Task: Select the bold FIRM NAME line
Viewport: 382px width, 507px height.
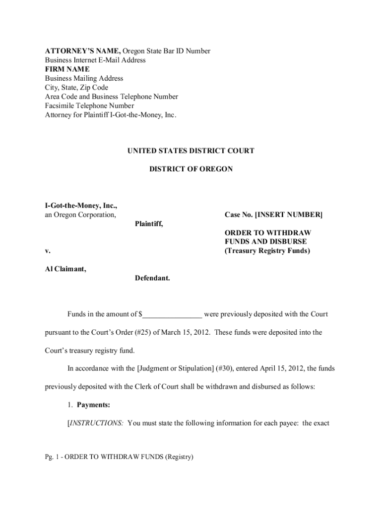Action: (67, 69)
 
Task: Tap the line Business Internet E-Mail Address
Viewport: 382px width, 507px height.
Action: (95, 60)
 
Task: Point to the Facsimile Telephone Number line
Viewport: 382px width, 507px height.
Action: (89, 105)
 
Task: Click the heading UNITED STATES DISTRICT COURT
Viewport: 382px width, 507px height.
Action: (191, 151)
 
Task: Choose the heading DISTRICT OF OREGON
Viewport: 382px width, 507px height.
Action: (191, 169)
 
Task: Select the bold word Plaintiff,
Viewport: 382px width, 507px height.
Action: (149, 224)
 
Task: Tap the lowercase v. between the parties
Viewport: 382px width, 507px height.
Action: (48, 251)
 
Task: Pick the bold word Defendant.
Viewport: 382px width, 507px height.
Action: (152, 278)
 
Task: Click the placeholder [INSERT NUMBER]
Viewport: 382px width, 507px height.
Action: (288, 215)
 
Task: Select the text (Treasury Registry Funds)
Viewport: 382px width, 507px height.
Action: (267, 251)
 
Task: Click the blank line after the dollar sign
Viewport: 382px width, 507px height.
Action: (172, 314)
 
